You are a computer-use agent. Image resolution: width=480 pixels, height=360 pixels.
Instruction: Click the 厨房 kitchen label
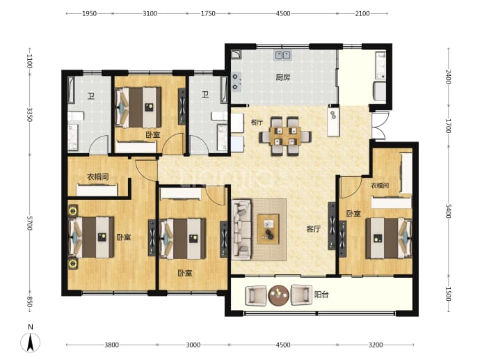282,77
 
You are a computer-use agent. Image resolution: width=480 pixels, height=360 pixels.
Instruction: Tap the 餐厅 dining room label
257,123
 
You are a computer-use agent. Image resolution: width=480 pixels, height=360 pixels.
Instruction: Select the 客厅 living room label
314,229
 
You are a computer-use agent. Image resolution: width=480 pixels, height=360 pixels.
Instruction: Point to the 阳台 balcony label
321,295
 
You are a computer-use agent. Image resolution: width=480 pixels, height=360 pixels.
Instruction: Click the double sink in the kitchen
282,55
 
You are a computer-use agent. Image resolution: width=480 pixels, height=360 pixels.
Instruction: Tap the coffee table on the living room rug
268,229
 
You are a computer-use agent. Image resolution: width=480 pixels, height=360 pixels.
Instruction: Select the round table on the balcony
278,295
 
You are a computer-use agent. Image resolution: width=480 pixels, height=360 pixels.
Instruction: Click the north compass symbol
31,339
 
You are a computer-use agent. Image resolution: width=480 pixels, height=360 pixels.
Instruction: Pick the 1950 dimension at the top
89,13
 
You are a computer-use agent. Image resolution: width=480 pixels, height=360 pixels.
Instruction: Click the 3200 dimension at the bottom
376,345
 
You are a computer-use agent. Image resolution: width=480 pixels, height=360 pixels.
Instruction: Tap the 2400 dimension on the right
448,77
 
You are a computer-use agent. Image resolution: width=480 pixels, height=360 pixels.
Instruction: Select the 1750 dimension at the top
208,13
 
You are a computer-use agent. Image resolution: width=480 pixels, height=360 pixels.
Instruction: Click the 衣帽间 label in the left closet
97,177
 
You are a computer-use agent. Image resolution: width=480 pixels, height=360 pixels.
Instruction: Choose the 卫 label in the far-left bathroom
91,96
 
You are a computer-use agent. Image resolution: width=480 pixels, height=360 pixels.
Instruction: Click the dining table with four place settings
285,136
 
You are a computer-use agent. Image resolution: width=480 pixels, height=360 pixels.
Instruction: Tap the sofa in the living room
241,230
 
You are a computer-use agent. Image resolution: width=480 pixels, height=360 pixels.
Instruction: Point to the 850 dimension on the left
29,302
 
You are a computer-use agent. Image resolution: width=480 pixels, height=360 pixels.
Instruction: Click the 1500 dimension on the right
448,294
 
